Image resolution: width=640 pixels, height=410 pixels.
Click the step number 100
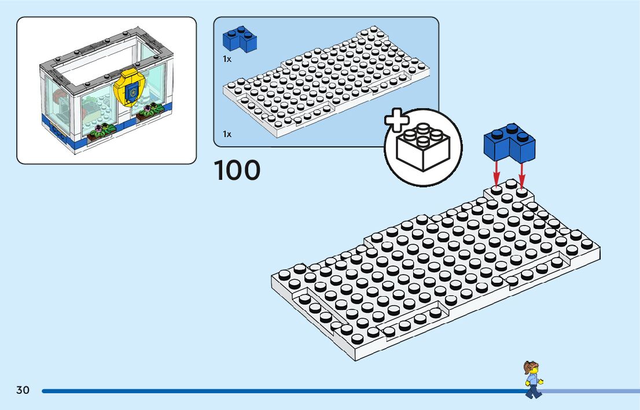pos(237,171)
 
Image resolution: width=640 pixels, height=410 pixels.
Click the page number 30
pos(23,390)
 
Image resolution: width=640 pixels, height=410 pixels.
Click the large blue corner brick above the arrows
pos(510,143)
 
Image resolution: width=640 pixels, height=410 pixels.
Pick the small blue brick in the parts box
pos(240,39)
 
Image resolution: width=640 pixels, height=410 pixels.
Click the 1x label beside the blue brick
pos(227,58)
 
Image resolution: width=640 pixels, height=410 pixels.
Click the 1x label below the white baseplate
pos(227,134)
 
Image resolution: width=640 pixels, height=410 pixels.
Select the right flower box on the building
pos(149,113)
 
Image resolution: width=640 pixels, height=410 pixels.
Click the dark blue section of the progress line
pos(278,391)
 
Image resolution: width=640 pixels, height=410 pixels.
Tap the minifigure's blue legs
pos(533,391)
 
